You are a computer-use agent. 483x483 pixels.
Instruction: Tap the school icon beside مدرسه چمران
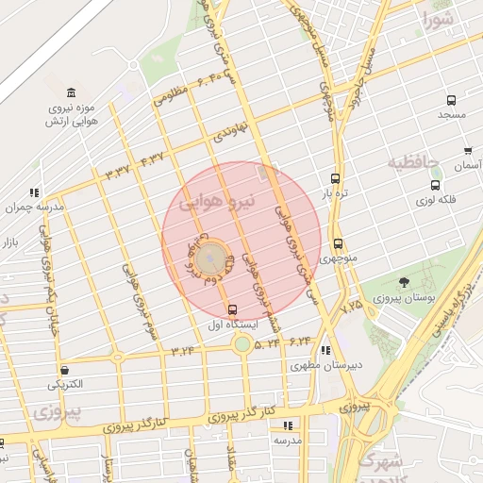35,192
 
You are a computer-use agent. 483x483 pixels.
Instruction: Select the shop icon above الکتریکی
64,370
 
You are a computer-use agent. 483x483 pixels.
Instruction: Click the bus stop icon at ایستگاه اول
233,309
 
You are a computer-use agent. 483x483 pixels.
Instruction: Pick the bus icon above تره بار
336,178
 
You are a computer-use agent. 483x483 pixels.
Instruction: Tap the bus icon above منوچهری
338,243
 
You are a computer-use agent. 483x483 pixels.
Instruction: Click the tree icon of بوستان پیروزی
405,282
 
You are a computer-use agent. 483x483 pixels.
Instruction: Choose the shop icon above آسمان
468,151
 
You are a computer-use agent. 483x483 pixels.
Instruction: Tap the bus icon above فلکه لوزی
435,185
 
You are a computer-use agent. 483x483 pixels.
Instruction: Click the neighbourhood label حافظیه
413,162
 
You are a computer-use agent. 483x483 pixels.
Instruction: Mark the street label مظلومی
171,92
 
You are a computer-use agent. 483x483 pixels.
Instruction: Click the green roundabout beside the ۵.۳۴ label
242,344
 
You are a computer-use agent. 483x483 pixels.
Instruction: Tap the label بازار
10,244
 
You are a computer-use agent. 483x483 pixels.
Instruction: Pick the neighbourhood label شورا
439,19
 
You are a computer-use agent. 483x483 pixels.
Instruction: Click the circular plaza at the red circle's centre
213,255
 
